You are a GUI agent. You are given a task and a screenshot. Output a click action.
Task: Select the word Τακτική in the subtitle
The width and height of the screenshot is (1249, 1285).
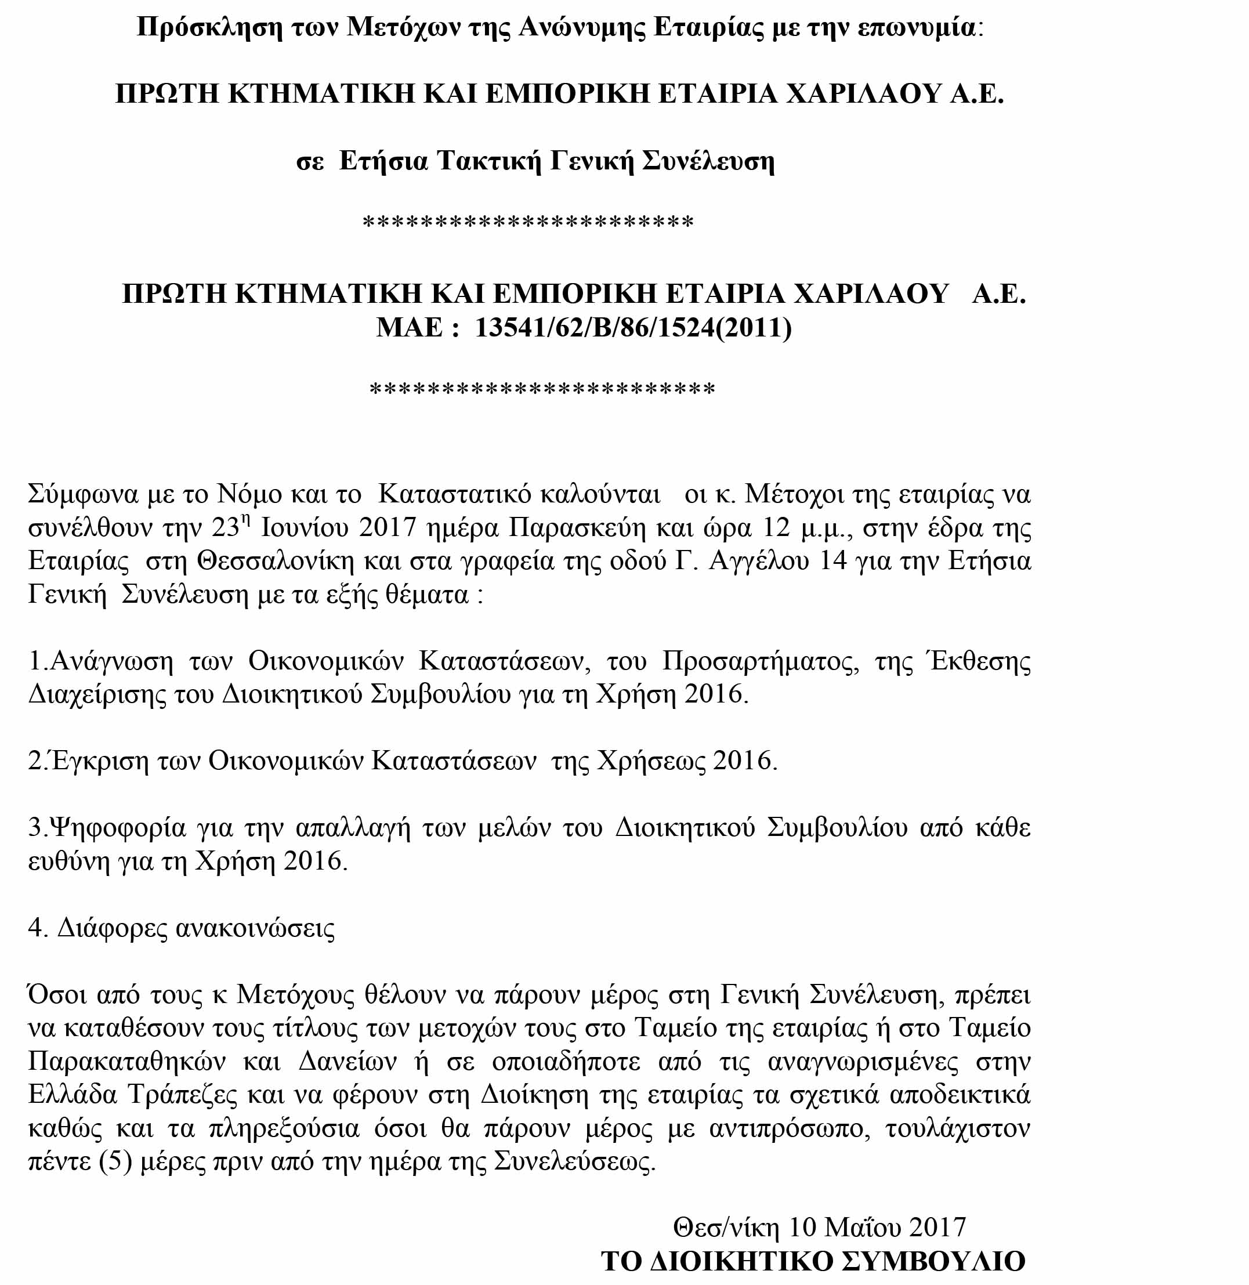click(x=488, y=160)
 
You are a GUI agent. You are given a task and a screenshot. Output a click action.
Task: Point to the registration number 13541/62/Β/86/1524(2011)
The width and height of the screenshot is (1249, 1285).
click(x=633, y=327)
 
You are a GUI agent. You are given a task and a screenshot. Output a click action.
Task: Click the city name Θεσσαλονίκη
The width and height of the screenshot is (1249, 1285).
click(x=276, y=561)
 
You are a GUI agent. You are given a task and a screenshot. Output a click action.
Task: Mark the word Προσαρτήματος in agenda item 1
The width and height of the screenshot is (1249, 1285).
click(x=761, y=661)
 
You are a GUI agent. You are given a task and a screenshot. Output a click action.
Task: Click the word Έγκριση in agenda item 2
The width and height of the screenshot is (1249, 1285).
click(x=99, y=761)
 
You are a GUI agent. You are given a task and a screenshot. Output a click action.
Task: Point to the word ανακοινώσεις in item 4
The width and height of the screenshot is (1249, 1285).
click(x=256, y=928)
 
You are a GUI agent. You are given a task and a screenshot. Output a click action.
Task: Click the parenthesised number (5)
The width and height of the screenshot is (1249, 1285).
click(x=115, y=1161)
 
